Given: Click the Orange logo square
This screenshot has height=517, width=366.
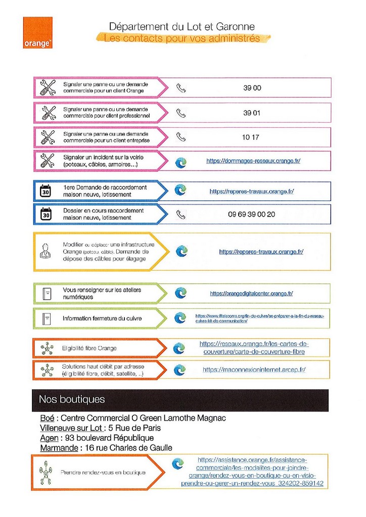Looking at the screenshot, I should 37,33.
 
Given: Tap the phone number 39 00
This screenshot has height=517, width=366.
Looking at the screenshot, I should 252,88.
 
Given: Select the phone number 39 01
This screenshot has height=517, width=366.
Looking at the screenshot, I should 252,113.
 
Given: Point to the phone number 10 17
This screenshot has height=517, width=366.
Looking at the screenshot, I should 250,137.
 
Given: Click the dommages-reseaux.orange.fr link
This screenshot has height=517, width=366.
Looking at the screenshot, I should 253,161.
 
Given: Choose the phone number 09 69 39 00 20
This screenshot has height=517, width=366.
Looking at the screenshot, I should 251,214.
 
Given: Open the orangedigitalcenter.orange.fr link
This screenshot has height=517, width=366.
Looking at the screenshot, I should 251,293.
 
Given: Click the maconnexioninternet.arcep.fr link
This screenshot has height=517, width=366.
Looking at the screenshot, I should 254,370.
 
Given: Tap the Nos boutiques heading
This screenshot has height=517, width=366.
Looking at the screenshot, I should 72,399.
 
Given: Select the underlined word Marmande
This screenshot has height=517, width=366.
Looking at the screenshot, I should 58,448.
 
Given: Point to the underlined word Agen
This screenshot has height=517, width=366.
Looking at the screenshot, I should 49,438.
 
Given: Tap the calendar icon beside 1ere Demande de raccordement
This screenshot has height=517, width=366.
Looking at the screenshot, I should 45,191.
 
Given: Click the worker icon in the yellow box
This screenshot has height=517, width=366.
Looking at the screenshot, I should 45,251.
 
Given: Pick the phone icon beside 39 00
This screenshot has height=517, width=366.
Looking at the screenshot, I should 181,88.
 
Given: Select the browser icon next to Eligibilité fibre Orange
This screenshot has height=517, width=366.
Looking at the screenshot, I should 179,348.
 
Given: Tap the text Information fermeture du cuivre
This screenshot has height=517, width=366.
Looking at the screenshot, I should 102,319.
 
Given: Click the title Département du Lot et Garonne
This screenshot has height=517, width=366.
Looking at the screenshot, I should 182,26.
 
